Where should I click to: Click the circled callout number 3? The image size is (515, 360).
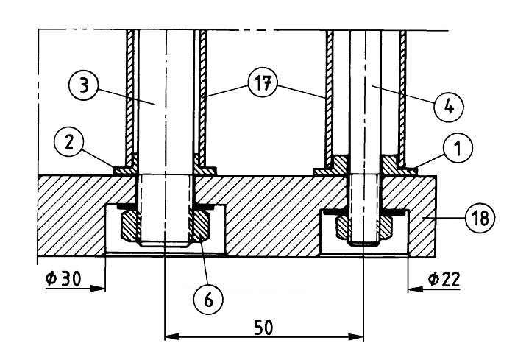(84, 85)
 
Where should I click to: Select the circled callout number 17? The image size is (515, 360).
(263, 85)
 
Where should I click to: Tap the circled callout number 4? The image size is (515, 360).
(449, 106)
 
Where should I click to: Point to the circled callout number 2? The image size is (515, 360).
(68, 144)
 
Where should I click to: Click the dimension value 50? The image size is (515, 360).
(263, 328)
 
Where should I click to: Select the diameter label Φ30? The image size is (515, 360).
(63, 279)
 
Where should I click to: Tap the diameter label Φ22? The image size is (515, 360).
(444, 279)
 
